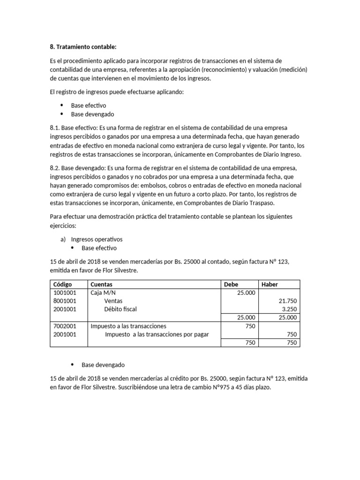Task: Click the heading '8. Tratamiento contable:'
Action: [82, 47]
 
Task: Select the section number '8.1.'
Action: [55, 128]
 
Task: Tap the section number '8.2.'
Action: [55, 168]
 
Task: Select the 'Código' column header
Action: [63, 284]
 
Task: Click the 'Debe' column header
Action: [231, 284]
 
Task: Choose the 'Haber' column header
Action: [270, 284]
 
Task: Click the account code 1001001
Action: [65, 292]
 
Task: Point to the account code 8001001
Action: [65, 301]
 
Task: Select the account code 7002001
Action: [65, 326]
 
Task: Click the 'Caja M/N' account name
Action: [103, 292]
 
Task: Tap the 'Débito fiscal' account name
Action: [120, 309]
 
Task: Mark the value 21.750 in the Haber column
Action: [287, 301]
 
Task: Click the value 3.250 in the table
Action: [289, 309]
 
